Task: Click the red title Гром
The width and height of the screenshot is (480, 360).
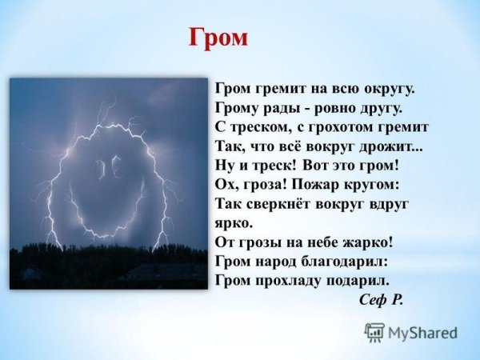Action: click(x=218, y=37)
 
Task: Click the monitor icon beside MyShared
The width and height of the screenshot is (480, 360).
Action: click(x=374, y=332)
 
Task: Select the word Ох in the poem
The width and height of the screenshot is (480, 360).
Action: click(x=227, y=183)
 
